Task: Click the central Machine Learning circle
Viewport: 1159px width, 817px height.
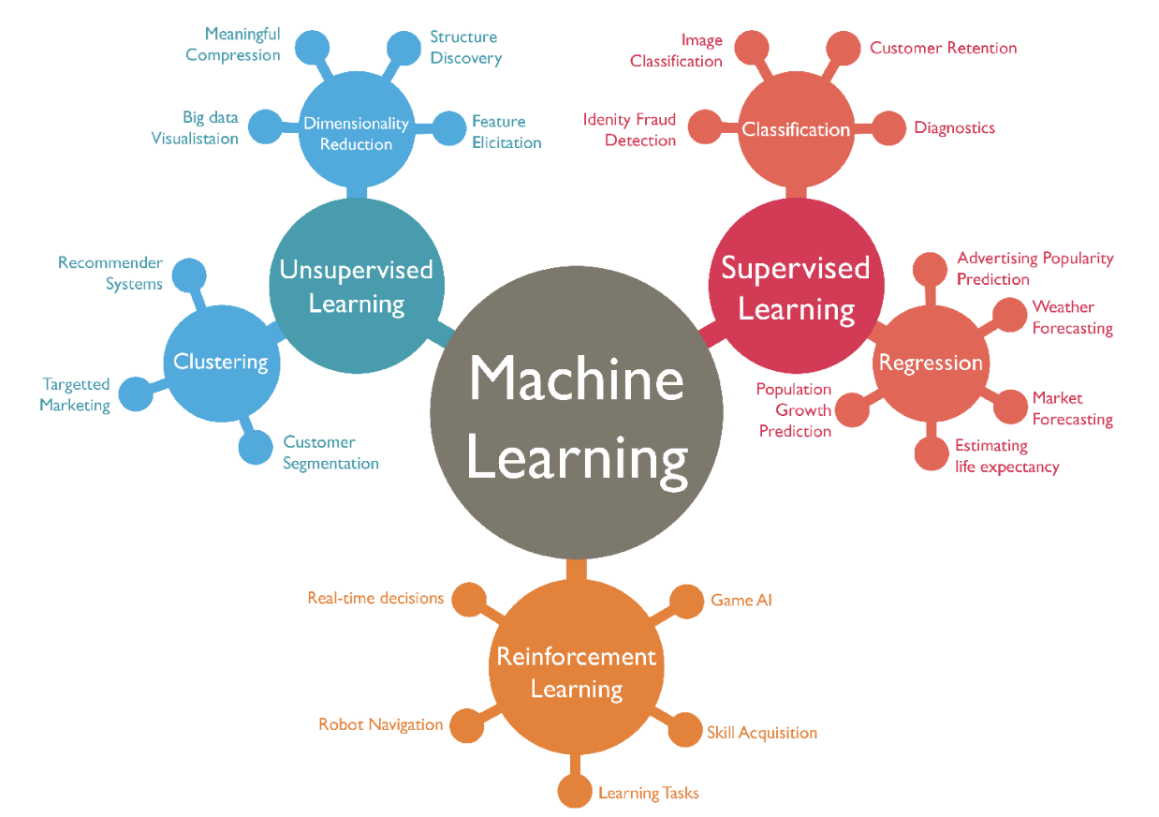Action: click(577, 412)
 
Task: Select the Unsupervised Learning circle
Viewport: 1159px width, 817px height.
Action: click(357, 287)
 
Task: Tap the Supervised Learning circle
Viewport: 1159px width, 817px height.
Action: click(796, 287)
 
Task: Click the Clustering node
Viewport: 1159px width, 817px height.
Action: click(221, 362)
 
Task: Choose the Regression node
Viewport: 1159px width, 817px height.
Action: click(931, 363)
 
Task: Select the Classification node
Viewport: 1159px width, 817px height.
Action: click(796, 129)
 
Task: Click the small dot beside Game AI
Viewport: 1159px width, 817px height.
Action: click(687, 602)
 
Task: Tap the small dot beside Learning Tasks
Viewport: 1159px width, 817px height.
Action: click(574, 792)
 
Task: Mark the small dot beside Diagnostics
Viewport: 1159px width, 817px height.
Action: click(889, 128)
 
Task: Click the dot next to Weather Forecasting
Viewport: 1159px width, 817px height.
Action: click(1009, 315)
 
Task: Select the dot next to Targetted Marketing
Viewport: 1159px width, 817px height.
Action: click(136, 394)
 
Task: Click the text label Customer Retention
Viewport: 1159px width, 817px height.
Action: click(943, 48)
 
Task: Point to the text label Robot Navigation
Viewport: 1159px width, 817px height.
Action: click(380, 724)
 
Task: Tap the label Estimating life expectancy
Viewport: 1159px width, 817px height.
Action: click(1006, 456)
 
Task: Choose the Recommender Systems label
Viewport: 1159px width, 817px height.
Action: click(110, 274)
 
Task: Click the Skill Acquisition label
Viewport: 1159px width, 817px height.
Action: click(762, 733)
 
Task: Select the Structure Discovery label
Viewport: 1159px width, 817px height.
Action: click(465, 48)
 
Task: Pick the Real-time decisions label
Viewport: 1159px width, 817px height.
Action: click(375, 598)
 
